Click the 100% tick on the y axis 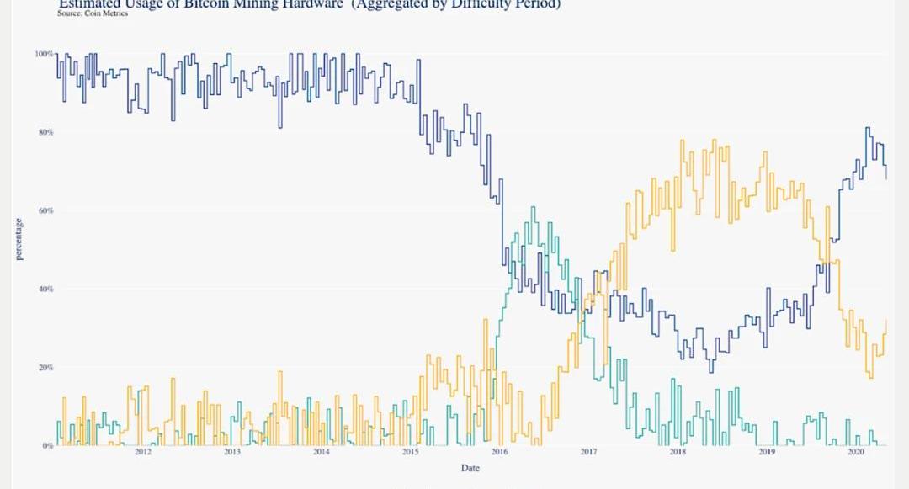(x=45, y=53)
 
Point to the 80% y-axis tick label (x=46, y=132)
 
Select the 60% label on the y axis (x=46, y=210)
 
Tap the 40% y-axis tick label (x=46, y=289)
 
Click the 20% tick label (x=46, y=367)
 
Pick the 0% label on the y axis (x=49, y=445)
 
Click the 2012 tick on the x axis (x=142, y=453)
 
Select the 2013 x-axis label (x=231, y=453)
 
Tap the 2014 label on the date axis (x=321, y=453)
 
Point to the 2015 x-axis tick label (x=410, y=453)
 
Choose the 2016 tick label (x=499, y=453)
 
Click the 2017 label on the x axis (x=588, y=453)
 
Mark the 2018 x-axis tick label (x=678, y=453)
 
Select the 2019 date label (x=767, y=453)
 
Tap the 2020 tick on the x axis (x=856, y=453)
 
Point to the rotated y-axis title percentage (x=19, y=239)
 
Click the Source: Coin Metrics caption (x=93, y=13)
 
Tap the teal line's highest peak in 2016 (x=533, y=207)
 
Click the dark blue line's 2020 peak (x=868, y=128)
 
